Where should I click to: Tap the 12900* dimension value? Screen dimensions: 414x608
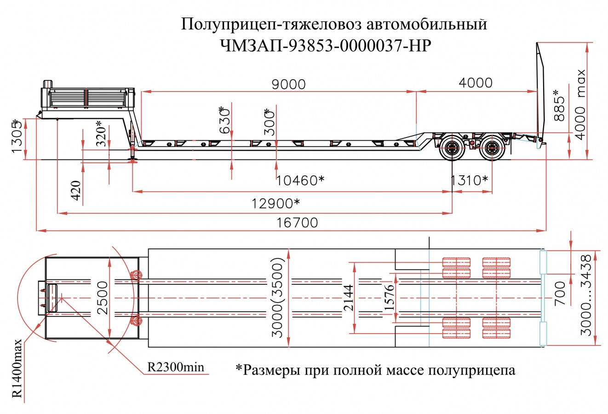pyautogui.click(x=276, y=202)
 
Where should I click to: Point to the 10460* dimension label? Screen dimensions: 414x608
pyautogui.click(x=300, y=180)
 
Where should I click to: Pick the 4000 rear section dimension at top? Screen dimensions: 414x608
pyautogui.click(x=476, y=83)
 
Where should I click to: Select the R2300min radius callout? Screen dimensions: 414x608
pyautogui.click(x=175, y=367)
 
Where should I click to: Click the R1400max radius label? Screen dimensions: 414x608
pyautogui.click(x=17, y=368)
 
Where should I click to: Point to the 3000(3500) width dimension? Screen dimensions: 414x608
pyautogui.click(x=278, y=298)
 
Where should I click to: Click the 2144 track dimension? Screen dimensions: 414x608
pyautogui.click(x=348, y=298)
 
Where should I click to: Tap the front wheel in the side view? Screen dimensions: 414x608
pyautogui.click(x=451, y=148)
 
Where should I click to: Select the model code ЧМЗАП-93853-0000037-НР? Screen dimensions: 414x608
pyautogui.click(x=327, y=46)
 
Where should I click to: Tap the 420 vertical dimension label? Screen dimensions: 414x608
pyautogui.click(x=76, y=190)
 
